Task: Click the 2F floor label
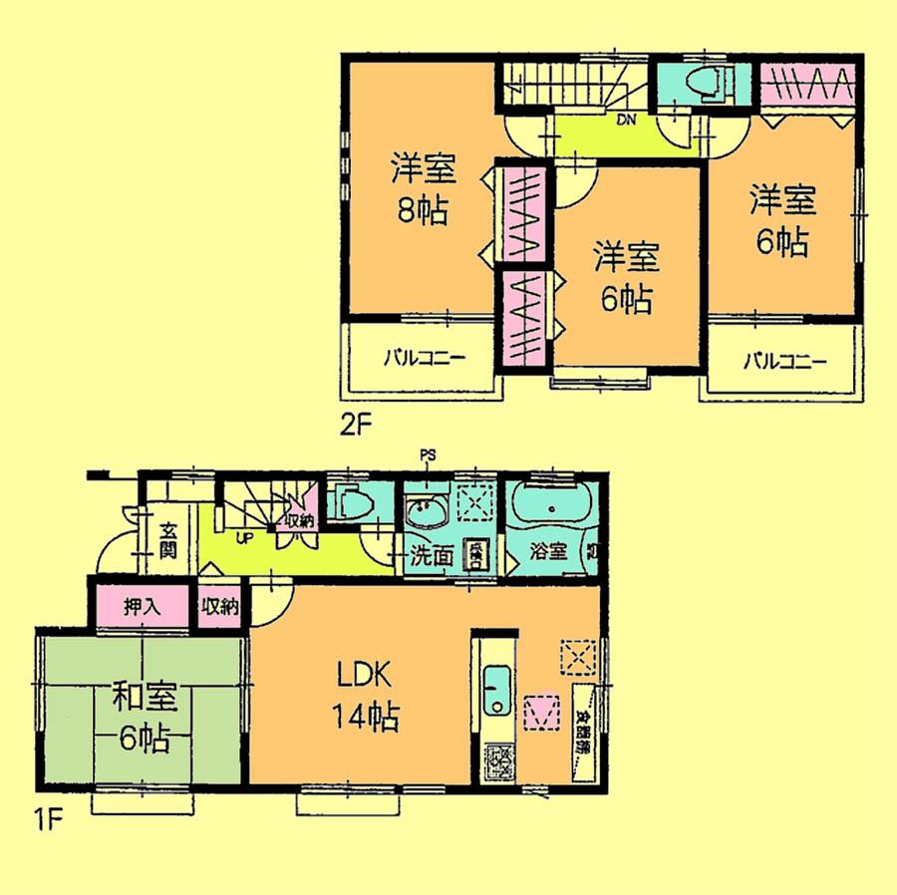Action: [x=356, y=428]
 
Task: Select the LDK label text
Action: [x=363, y=678]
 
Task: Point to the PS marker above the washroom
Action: [x=428, y=455]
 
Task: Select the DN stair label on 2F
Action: [x=626, y=122]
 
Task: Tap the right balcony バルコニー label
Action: [x=783, y=360]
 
